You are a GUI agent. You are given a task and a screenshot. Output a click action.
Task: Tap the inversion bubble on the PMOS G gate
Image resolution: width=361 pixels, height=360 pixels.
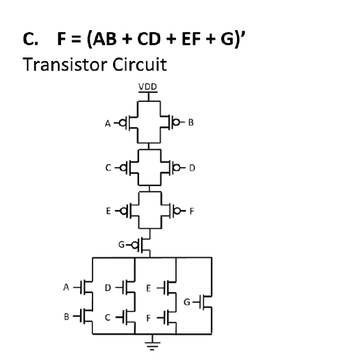[136, 243]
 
